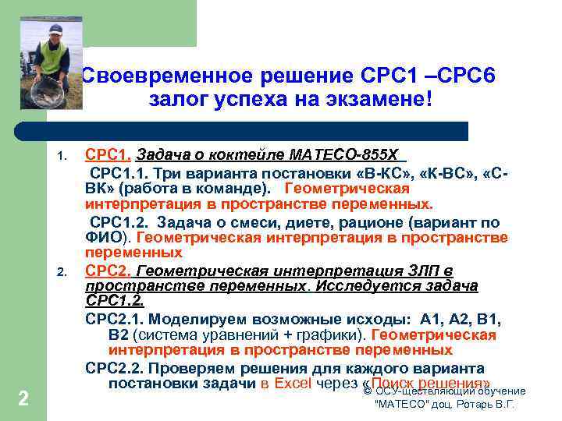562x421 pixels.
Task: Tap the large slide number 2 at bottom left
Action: (23, 399)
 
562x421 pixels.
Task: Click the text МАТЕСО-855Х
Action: (359, 153)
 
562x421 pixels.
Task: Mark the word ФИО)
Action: (109, 237)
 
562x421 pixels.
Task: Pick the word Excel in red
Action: (292, 384)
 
